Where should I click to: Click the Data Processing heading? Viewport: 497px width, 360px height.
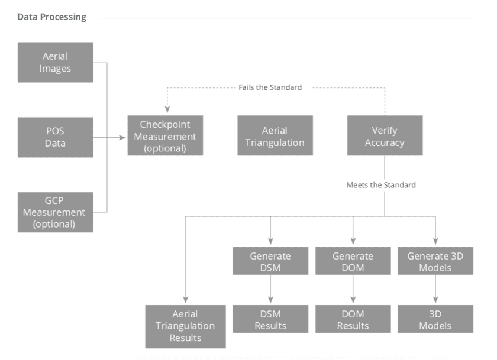(x=51, y=17)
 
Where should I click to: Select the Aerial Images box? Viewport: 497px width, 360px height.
(x=56, y=62)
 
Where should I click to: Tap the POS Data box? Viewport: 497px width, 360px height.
(x=56, y=137)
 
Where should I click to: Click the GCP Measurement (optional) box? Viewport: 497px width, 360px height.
(x=56, y=212)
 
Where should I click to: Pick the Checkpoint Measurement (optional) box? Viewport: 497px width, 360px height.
(x=165, y=136)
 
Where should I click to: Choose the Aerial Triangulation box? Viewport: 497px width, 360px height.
(x=275, y=136)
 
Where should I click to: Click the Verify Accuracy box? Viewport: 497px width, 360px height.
(x=385, y=136)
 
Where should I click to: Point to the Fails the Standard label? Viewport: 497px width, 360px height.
(x=270, y=87)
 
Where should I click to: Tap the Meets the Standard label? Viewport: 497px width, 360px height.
(x=381, y=185)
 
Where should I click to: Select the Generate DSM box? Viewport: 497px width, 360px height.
(x=270, y=261)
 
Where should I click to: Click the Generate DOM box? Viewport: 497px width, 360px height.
(x=353, y=261)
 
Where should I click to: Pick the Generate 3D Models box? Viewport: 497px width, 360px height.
(x=435, y=261)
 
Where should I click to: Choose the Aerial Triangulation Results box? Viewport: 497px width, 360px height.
(x=185, y=326)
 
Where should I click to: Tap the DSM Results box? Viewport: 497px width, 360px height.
(x=270, y=319)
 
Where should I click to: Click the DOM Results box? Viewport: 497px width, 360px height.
(x=353, y=319)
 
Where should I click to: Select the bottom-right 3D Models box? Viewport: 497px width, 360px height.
(x=435, y=319)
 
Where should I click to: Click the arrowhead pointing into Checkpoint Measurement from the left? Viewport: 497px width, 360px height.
(x=124, y=137)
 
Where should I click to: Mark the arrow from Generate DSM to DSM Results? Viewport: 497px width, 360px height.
(x=270, y=290)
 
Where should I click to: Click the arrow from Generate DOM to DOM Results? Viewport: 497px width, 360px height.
(x=353, y=290)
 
